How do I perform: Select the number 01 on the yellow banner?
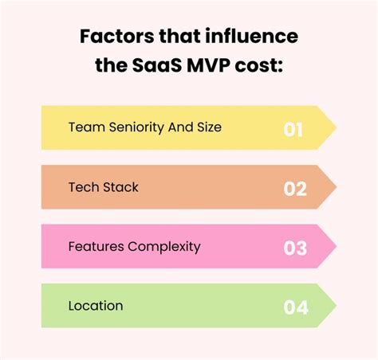pyautogui.click(x=294, y=128)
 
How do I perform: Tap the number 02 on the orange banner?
pyautogui.click(x=294, y=188)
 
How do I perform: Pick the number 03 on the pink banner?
pyautogui.click(x=294, y=248)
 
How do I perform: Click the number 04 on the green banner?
pyautogui.click(x=294, y=307)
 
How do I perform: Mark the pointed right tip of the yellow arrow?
pyautogui.click(x=335, y=128)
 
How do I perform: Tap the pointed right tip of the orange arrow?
pyautogui.click(x=335, y=188)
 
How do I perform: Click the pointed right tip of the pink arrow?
pyautogui.click(x=335, y=248)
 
